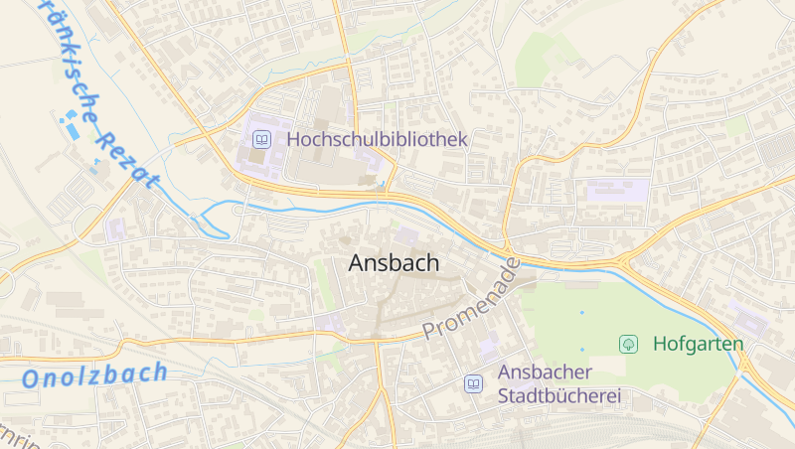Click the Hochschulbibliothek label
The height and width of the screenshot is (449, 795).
377,140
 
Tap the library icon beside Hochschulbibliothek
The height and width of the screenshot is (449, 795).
261,140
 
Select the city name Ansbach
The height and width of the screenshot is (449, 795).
395,263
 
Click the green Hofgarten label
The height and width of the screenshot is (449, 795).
699,345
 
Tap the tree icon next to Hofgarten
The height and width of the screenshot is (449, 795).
628,344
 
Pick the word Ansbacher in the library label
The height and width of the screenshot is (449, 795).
545,373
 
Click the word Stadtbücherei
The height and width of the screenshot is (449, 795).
559,396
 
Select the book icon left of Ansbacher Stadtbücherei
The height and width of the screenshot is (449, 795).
474,383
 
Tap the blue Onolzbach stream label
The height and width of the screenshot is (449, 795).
94,375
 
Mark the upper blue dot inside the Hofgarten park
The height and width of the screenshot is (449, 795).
582,313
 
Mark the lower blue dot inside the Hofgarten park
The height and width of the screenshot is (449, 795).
582,349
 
